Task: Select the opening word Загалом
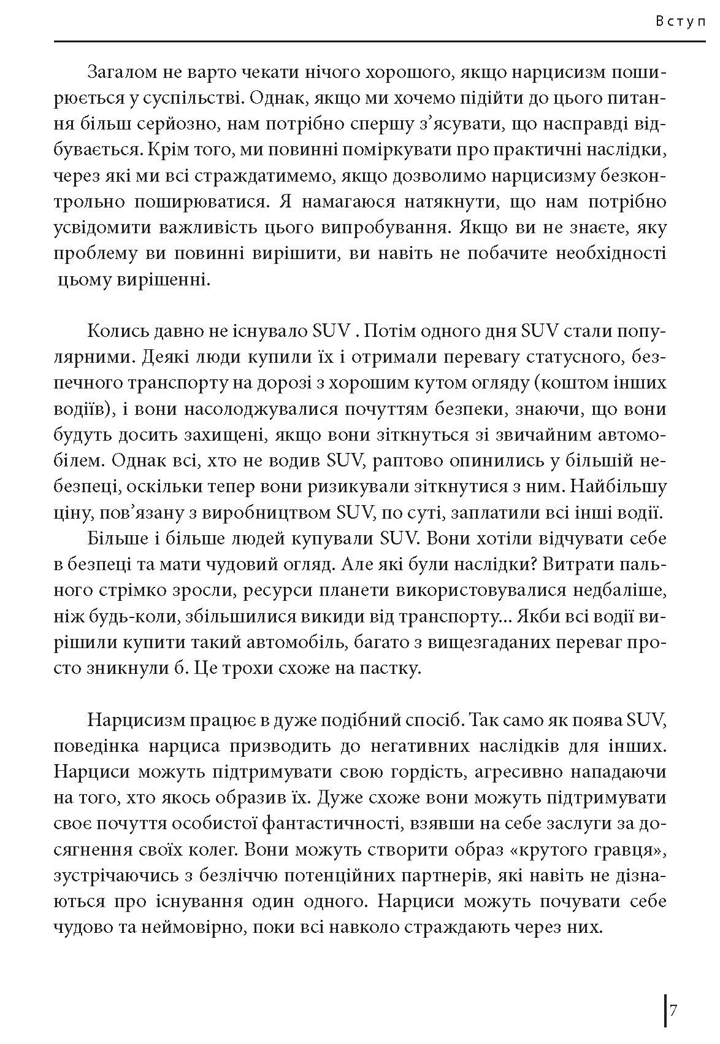point(121,72)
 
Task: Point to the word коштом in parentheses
point(569,384)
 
